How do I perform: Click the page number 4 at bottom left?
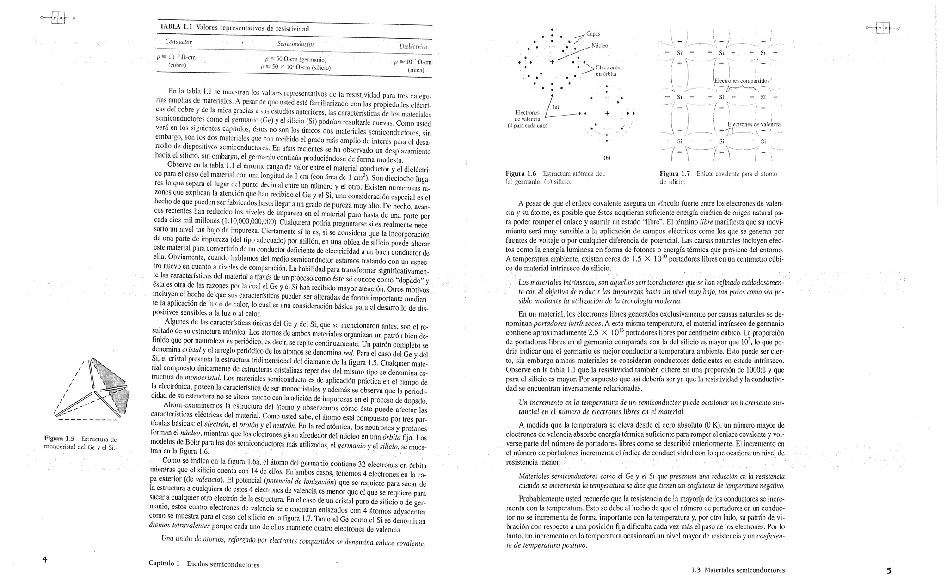pyautogui.click(x=45, y=559)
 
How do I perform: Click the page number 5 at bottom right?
pyautogui.click(x=889, y=570)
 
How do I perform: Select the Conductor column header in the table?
pyautogui.click(x=178, y=42)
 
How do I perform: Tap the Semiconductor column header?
pyautogui.click(x=296, y=44)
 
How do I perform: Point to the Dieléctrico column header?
pyautogui.click(x=413, y=47)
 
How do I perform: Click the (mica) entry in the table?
pyautogui.click(x=416, y=71)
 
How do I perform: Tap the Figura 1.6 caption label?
pyautogui.click(x=521, y=174)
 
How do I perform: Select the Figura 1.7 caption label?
pyautogui.click(x=675, y=174)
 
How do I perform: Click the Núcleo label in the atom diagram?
pyautogui.click(x=600, y=46)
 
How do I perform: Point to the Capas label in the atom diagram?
pyautogui.click(x=593, y=33)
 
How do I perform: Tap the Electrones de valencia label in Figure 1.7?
pyautogui.click(x=754, y=124)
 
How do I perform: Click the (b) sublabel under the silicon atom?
pyautogui.click(x=607, y=158)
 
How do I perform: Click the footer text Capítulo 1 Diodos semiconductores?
pyautogui.click(x=204, y=564)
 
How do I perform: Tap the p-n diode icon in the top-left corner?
pyautogui.click(x=58, y=18)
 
